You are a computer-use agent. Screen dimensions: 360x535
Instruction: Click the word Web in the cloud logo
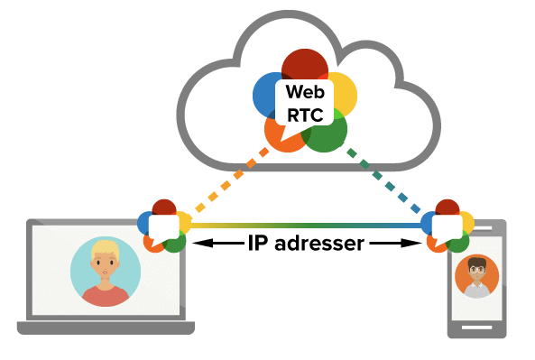[x=303, y=92]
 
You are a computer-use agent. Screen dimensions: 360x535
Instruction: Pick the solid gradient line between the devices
[x=307, y=226]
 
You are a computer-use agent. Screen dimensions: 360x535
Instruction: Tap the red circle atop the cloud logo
[x=304, y=63]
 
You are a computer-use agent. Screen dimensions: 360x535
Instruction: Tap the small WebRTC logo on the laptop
[x=164, y=226]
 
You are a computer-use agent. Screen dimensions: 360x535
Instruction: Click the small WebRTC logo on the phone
[x=447, y=226]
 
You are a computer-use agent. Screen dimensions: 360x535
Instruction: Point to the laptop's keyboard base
[x=106, y=327]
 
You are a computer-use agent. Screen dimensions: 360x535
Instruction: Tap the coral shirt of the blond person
[x=106, y=294]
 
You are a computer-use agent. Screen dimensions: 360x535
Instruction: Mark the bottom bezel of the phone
[x=477, y=330]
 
